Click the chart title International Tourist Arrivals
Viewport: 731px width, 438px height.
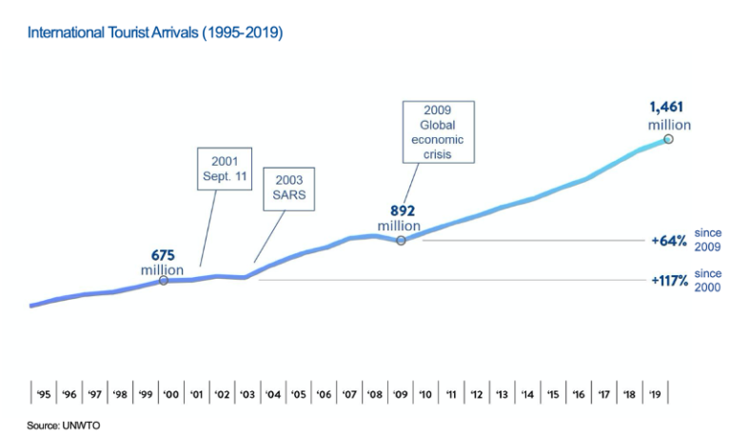[x=155, y=32]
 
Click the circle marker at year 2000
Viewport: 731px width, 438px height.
[x=164, y=280]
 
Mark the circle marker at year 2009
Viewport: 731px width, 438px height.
[x=401, y=240]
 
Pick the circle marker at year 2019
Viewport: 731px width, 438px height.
[x=668, y=139]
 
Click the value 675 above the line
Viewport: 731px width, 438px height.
[x=163, y=255]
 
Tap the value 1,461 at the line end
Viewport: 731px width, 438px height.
[x=666, y=108]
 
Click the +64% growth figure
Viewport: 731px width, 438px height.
[x=669, y=241]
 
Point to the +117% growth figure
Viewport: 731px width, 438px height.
[x=669, y=281]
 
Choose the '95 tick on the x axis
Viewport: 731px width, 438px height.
[x=43, y=393]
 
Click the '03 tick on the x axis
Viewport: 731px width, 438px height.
[x=247, y=393]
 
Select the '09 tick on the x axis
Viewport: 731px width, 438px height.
[x=400, y=393]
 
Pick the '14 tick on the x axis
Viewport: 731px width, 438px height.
[x=526, y=393]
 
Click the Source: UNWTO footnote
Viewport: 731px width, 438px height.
[x=63, y=425]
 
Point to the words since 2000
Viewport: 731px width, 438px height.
[x=708, y=280]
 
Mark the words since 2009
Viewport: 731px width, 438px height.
[x=708, y=239]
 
